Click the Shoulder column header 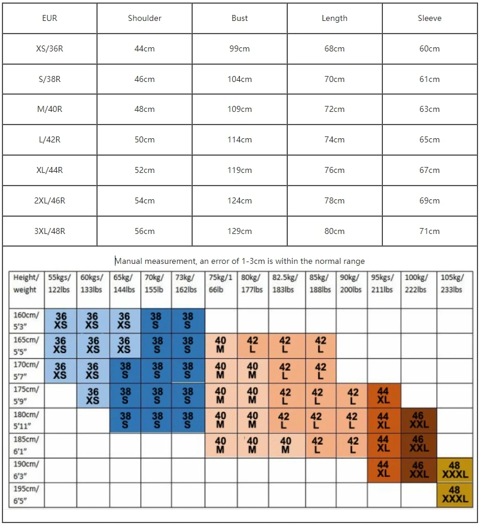pos(145,19)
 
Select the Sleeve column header pos(430,19)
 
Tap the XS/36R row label pos(50,49)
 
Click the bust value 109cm pos(240,110)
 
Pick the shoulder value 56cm pos(145,231)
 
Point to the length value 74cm pos(334,140)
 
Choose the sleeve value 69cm pos(430,200)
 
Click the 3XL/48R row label pos(50,231)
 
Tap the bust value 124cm pos(240,200)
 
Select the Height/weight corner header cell pos(27,284)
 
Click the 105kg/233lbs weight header pos(452,284)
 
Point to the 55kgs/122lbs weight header pos(60,284)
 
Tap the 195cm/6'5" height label pos(27,495)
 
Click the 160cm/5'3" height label pos(27,321)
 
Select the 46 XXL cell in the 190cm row pos(418,470)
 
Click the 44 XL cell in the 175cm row pos(383,396)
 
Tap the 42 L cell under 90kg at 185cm pos(352,445)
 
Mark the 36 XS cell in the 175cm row pos(92,396)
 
